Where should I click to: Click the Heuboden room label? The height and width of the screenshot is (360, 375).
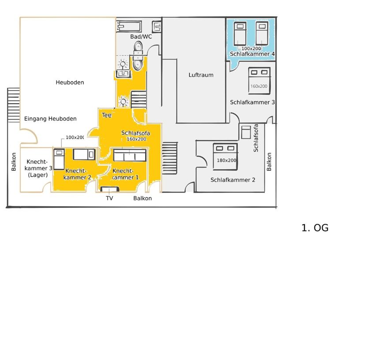point(70,82)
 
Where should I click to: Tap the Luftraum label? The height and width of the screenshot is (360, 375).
point(201,75)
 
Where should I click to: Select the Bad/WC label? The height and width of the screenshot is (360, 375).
point(141,37)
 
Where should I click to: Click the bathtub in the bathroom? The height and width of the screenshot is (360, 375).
point(129,26)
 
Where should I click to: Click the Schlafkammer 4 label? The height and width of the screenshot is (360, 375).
point(252,54)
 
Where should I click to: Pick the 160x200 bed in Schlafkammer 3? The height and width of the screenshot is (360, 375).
point(259,81)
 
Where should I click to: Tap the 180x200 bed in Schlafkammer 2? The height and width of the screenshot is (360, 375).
point(225,156)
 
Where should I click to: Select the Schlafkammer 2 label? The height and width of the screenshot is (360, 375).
point(232,180)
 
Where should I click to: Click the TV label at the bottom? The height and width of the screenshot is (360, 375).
point(109,198)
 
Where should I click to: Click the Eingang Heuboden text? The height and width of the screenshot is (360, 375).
point(50,119)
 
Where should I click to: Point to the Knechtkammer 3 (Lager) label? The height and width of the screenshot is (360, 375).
point(38,168)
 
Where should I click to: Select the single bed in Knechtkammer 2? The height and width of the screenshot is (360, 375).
point(59,159)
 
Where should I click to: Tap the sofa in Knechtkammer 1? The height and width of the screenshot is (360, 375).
point(130,155)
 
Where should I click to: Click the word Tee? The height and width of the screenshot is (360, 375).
point(107,115)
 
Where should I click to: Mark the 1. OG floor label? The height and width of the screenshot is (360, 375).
point(315,228)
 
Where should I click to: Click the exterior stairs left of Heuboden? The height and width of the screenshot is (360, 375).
point(13,105)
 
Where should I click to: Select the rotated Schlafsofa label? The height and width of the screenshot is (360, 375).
point(256,138)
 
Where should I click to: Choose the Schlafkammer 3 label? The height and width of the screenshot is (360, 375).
point(252,103)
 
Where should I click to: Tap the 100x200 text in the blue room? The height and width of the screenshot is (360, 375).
point(251,48)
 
